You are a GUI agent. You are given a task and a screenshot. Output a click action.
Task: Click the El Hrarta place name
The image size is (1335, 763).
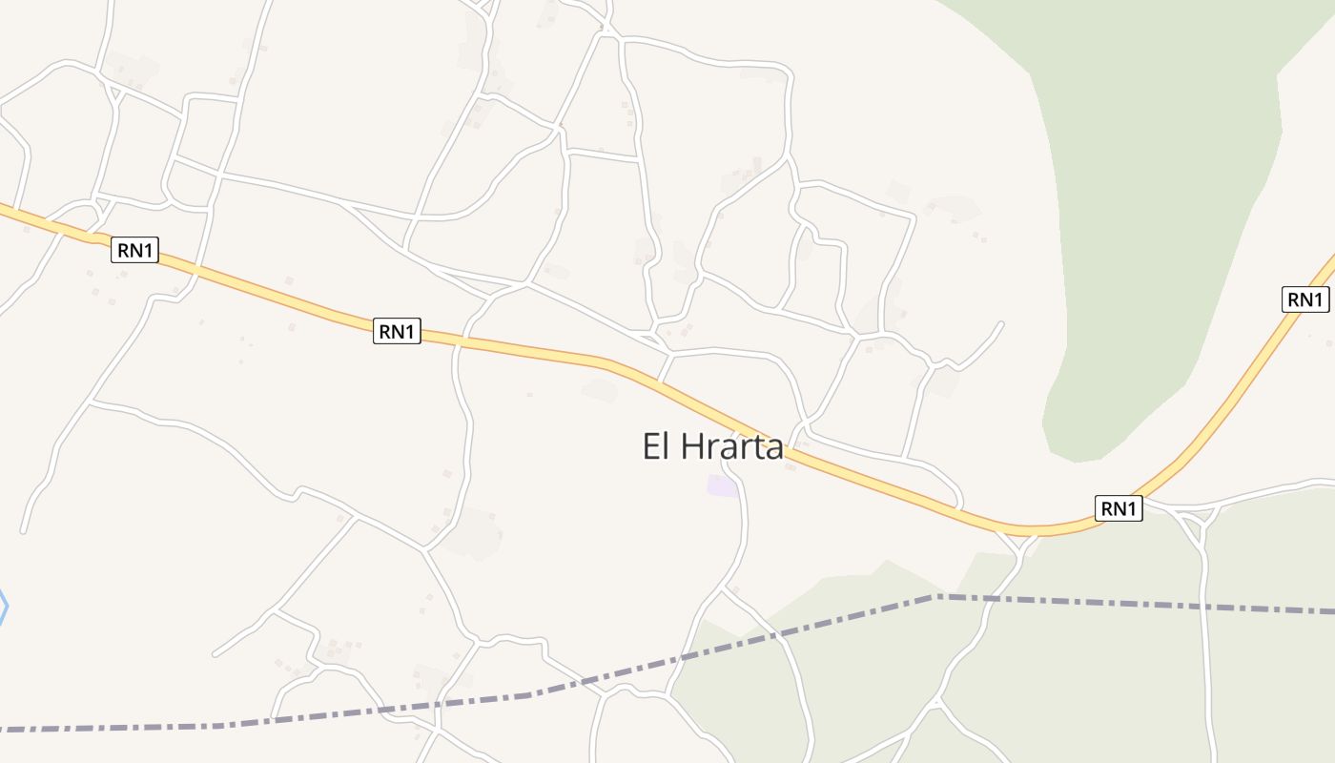click(x=712, y=446)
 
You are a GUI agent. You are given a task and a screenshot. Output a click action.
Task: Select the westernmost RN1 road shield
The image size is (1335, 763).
click(x=134, y=251)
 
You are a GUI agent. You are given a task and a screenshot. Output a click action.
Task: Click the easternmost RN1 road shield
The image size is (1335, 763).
click(x=1304, y=299)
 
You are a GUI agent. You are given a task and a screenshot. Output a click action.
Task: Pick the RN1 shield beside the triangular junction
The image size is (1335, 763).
click(x=1119, y=508)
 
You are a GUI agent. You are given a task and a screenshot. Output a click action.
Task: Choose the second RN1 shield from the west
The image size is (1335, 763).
click(x=397, y=332)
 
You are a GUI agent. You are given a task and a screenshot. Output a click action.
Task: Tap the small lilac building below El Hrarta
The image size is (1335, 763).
click(x=722, y=486)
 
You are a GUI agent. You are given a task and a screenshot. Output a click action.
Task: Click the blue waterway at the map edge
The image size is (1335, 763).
click(x=4, y=607)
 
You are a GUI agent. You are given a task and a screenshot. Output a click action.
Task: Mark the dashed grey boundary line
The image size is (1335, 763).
click(x=1144, y=604)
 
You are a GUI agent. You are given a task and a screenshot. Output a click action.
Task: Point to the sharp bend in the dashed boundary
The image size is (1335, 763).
click(x=934, y=597)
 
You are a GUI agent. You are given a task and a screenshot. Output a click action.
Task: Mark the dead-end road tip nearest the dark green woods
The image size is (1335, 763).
click(x=1001, y=323)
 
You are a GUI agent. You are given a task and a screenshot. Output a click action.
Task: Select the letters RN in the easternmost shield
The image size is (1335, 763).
click(x=1298, y=299)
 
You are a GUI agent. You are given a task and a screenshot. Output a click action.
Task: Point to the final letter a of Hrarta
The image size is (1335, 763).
click(x=773, y=446)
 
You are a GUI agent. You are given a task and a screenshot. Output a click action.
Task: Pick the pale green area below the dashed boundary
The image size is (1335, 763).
click(x=1097, y=687)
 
